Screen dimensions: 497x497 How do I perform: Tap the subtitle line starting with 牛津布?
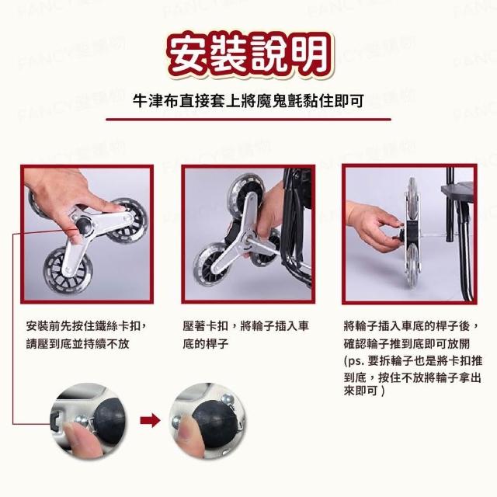pos(248,101)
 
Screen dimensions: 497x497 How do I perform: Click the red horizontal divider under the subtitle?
pos(248,120)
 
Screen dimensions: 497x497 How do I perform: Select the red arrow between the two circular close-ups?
pos(150,420)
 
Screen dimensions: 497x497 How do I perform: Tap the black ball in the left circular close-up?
pos(110,421)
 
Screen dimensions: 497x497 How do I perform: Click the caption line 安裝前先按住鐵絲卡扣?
pos(86,326)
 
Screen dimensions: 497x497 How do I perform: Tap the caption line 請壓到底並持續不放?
pos(78,344)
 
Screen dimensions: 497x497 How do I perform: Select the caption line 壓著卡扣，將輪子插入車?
pos(246,326)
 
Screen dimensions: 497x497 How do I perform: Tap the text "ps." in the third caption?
pos(356,361)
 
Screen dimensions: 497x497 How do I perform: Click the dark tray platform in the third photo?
pos(457,191)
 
